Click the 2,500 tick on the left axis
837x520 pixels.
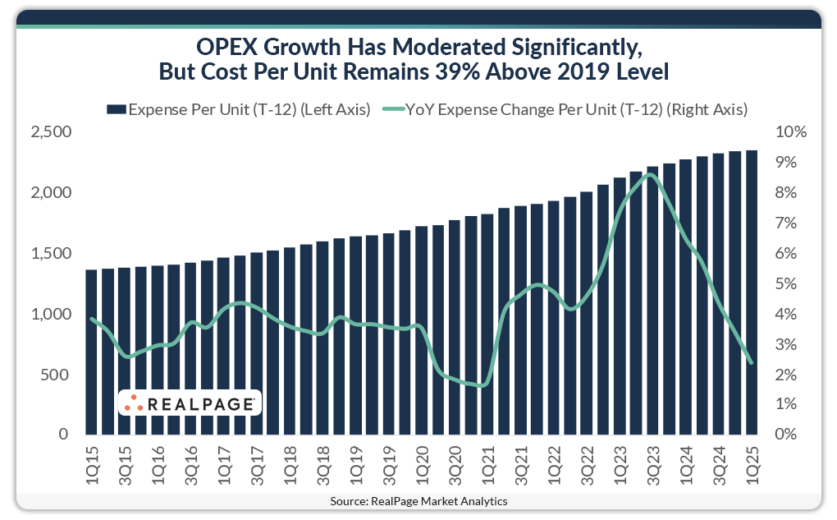pyautogui.click(x=52, y=132)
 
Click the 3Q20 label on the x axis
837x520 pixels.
pyautogui.click(x=454, y=467)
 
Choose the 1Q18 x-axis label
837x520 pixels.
pyautogui.click(x=289, y=467)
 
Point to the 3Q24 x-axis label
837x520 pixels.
pyautogui.click(x=718, y=467)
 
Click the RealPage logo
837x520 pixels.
pyautogui.click(x=190, y=403)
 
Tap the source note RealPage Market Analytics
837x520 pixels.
pyautogui.click(x=418, y=500)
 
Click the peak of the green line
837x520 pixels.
pyautogui.click(x=651, y=174)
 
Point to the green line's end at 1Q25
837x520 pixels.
pyautogui.click(x=751, y=362)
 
